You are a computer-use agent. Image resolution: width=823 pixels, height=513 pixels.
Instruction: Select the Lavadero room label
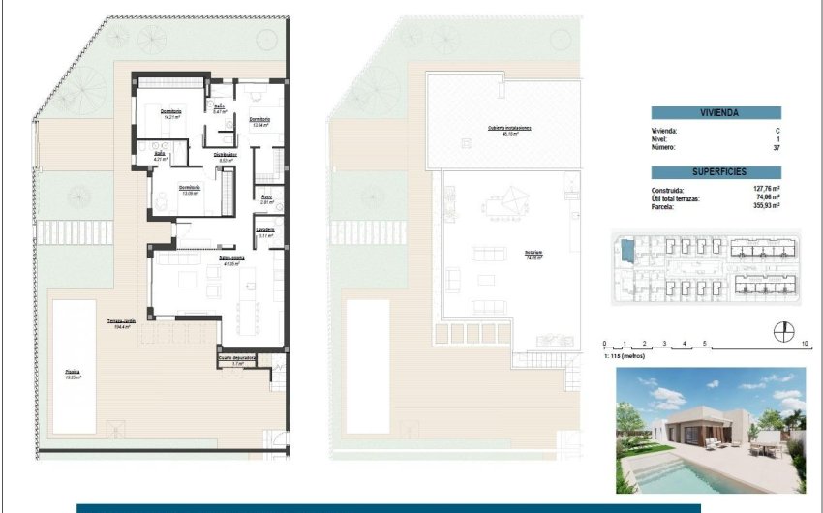[265, 231]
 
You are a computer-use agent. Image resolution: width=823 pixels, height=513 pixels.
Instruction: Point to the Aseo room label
[266, 198]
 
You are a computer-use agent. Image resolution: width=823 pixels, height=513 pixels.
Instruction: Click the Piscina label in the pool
[74, 374]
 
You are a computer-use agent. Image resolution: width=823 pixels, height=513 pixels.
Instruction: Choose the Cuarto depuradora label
[237, 359]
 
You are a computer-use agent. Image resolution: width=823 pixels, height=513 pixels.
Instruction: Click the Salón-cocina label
[230, 261]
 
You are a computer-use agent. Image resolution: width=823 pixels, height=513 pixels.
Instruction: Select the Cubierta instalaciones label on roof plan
[503, 130]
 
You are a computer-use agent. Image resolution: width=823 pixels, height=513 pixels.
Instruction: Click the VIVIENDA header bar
[716, 112]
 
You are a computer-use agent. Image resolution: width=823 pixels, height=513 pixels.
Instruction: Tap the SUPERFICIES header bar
[716, 171]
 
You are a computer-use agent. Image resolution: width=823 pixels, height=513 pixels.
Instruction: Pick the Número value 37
[776, 148]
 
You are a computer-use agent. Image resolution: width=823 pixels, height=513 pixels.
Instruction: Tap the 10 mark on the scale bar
[806, 345]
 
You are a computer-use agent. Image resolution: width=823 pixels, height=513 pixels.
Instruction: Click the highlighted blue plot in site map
[625, 251]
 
